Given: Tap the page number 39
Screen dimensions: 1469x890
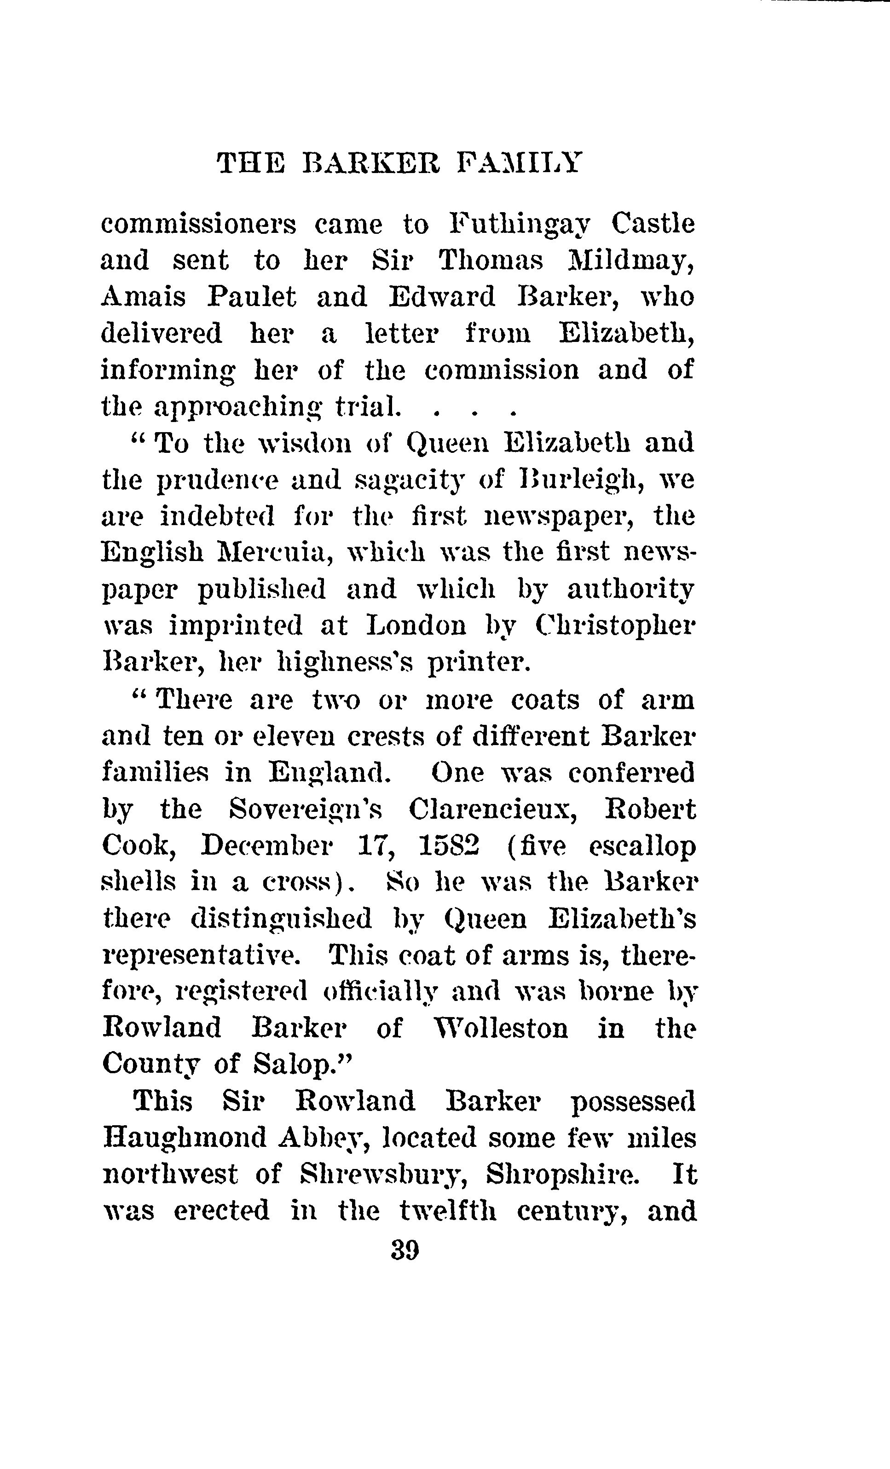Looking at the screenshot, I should pos(405,1249).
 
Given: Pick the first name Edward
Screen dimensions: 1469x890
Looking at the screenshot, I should pos(441,297).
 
